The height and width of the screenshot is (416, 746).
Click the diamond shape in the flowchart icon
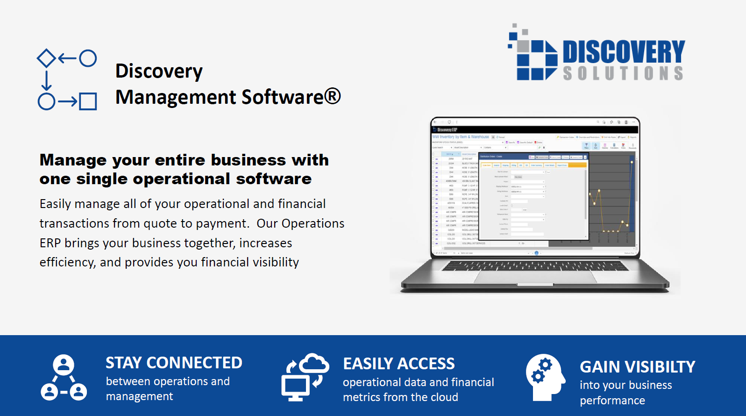click(x=46, y=58)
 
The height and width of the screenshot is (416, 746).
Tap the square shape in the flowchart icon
click(x=88, y=101)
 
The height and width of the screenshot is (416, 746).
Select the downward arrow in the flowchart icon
click(x=46, y=80)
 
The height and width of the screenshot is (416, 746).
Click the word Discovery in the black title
click(x=159, y=71)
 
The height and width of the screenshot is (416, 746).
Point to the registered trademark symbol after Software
click(x=332, y=96)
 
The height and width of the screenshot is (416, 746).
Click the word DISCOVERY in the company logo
click(x=624, y=51)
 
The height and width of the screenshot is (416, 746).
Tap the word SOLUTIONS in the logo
click(x=623, y=73)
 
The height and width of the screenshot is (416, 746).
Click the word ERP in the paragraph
click(x=50, y=243)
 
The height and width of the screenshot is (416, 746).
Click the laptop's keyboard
click(x=535, y=266)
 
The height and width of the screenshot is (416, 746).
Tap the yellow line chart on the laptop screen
click(x=612, y=201)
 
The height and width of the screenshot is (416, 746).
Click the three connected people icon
click(x=64, y=378)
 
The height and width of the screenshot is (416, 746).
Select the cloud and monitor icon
click(x=305, y=377)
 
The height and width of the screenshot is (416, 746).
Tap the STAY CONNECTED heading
click(x=174, y=363)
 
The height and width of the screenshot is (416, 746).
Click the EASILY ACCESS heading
click(x=399, y=364)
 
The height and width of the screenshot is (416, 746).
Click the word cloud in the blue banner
click(x=443, y=397)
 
